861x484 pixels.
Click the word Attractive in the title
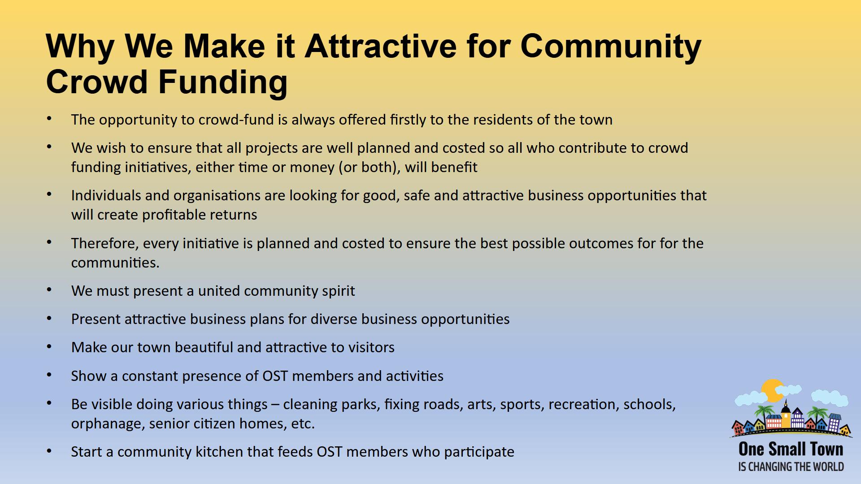tap(380, 46)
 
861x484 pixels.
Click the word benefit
tap(454, 167)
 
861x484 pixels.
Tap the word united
tap(219, 291)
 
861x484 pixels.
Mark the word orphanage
tap(106, 424)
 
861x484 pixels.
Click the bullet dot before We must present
tap(49, 290)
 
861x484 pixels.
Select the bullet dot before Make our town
tap(49, 346)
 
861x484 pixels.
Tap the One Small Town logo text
tap(791, 449)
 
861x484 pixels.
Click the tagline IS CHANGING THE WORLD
tap(791, 467)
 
